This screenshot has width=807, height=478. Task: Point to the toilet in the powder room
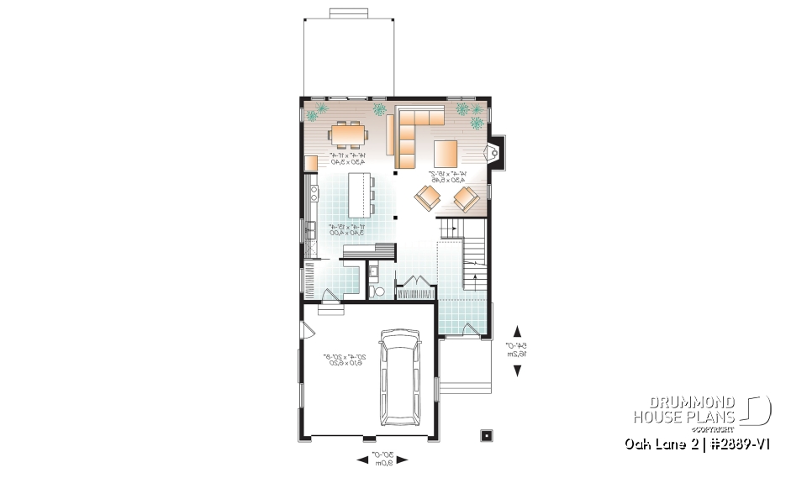[378, 292]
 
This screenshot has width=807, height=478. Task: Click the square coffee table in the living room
[446, 154]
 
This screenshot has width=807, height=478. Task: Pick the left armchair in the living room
[427, 198]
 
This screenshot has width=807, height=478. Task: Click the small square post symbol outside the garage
[486, 435]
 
